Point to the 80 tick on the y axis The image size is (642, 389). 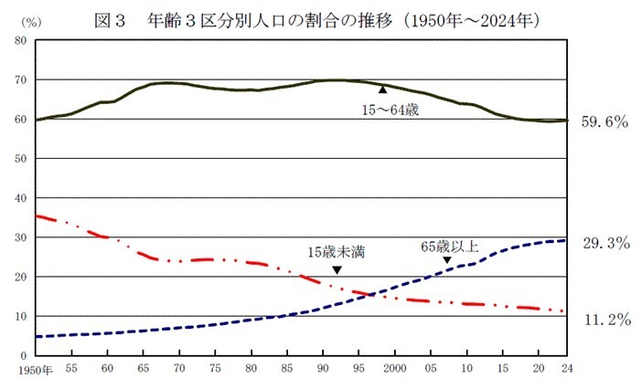point(19,40)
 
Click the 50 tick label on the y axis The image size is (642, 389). point(19,159)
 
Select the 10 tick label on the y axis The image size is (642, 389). point(19,317)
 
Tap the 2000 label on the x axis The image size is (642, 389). point(393,369)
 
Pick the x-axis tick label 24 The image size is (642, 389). point(566,369)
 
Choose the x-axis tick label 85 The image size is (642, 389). point(286,369)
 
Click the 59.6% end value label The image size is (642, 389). point(605,121)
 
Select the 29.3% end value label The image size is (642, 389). point(605,243)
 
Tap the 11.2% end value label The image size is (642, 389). point(605,320)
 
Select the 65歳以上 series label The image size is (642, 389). point(450,246)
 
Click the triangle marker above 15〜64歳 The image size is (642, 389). point(382,89)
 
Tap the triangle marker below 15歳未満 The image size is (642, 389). point(337,269)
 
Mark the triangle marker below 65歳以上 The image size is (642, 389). point(447,260)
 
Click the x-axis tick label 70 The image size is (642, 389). point(179,369)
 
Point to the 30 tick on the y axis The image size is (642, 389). point(19,237)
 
